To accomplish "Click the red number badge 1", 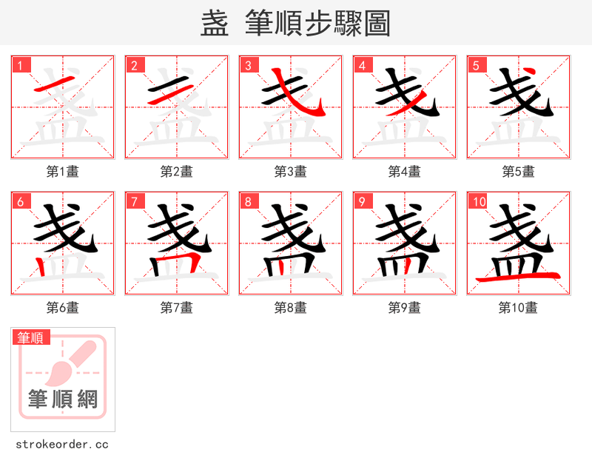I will (21, 65).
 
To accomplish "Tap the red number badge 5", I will (477, 65).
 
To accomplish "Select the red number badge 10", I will (479, 201).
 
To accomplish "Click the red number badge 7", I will (135, 201).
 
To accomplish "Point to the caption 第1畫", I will (63, 172).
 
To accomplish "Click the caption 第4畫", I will (405, 172).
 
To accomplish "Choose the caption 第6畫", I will (63, 308).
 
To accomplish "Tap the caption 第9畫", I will (405, 308).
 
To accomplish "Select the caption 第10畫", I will (518, 308).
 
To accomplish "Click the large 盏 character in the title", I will (215, 24).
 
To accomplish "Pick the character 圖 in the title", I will (377, 24).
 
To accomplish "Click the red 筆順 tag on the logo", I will (31, 337).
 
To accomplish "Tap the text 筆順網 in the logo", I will (63, 400).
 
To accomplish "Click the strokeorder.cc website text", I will (62, 445).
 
